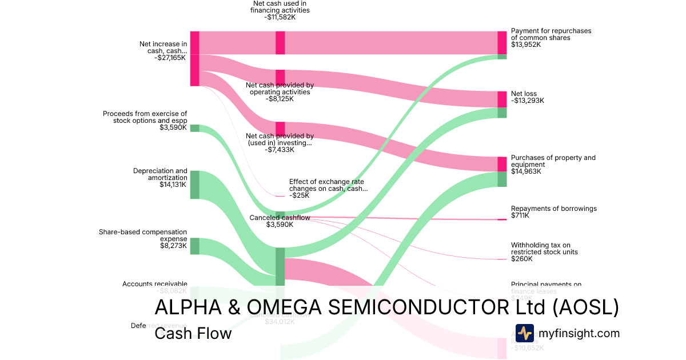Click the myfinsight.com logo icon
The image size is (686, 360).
pyautogui.click(x=525, y=333)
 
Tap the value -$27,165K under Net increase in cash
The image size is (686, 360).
pyautogui.click(x=170, y=58)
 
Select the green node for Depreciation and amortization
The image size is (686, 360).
pyautogui.click(x=195, y=185)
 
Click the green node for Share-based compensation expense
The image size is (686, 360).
pyautogui.click(x=195, y=246)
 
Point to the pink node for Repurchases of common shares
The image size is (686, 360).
pyautogui.click(x=502, y=42)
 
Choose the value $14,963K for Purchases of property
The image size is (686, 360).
pyautogui.click(x=526, y=171)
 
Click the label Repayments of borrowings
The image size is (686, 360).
pyautogui.click(x=553, y=209)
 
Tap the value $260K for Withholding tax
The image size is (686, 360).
pyautogui.click(x=521, y=259)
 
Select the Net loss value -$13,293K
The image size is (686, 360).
pyautogui.click(x=527, y=101)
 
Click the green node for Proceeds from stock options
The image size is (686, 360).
pyautogui.click(x=195, y=128)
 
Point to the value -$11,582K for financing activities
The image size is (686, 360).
pyautogui.click(x=280, y=17)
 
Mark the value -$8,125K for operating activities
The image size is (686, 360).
pyautogui.click(x=280, y=99)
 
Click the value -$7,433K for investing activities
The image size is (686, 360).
pyautogui.click(x=280, y=150)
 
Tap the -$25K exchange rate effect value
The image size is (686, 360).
pyautogui.click(x=299, y=195)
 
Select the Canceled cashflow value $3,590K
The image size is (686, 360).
pyautogui.click(x=280, y=225)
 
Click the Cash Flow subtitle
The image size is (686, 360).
pyautogui.click(x=193, y=333)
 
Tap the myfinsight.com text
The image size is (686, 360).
pyautogui.click(x=580, y=333)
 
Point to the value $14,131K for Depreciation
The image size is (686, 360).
pyautogui.click(x=173, y=185)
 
